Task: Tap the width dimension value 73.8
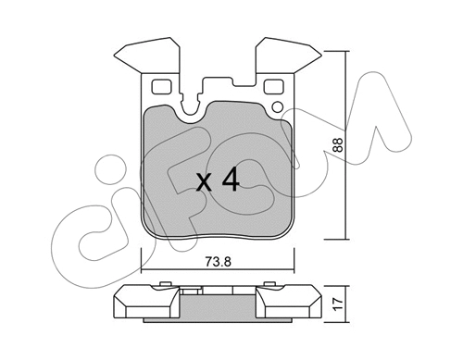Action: pyautogui.click(x=219, y=262)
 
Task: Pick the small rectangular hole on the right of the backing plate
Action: pyautogui.click(x=273, y=89)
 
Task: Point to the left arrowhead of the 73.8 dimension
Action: pyautogui.click(x=144, y=271)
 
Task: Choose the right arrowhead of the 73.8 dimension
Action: pyautogui.click(x=294, y=271)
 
